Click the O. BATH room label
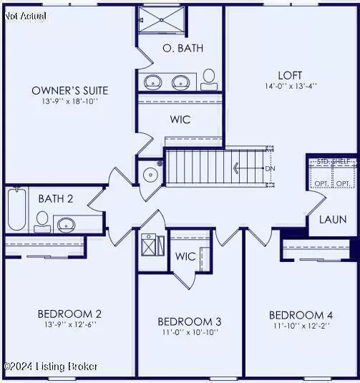point(183,49)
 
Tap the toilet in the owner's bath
point(209,78)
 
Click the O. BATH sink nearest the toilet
point(183,81)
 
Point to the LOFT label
point(290,74)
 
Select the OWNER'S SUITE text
point(70,90)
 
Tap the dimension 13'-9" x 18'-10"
point(70,102)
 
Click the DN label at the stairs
point(270,169)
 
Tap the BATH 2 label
point(56,198)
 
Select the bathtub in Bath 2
point(16,210)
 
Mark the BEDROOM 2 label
point(69,314)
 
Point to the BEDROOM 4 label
point(301,315)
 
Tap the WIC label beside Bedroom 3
point(186,256)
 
